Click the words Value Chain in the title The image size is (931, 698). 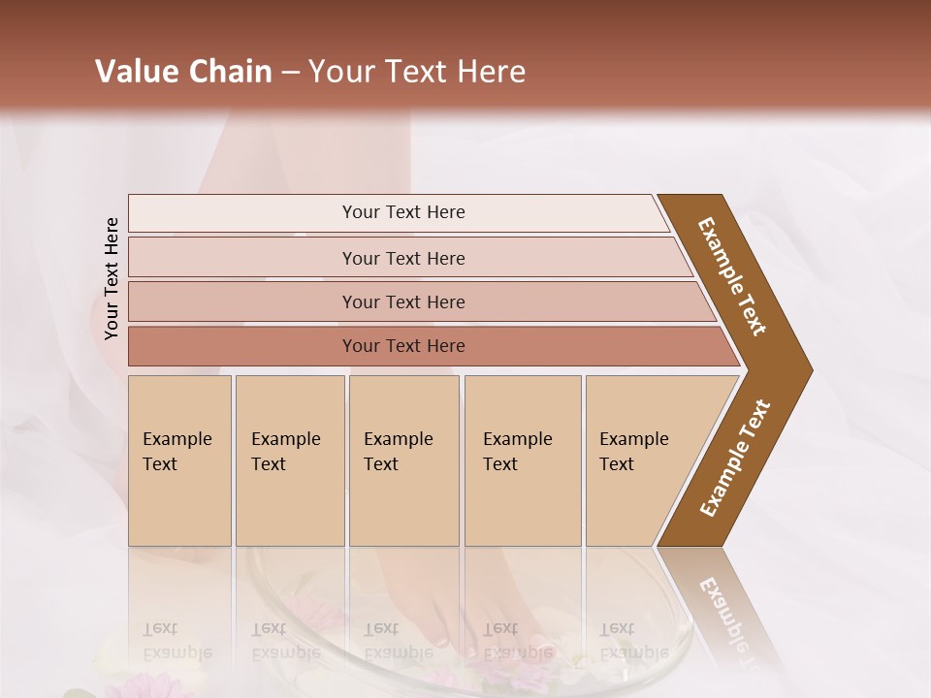click(x=183, y=72)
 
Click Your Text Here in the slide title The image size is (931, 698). click(x=417, y=72)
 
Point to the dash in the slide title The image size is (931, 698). click(x=290, y=73)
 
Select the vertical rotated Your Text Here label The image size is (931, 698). click(x=112, y=278)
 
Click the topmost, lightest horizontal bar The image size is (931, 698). click(x=403, y=212)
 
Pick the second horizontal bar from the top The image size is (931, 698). click(x=403, y=258)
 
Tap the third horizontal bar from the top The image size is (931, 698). click(x=403, y=301)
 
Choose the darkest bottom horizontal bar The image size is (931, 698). click(x=403, y=346)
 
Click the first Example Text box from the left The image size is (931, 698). click(x=179, y=460)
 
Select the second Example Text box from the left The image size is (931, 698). click(x=289, y=460)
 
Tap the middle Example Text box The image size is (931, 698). click(x=403, y=460)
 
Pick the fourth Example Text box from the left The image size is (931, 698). click(x=522, y=460)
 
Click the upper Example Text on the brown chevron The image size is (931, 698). click(x=732, y=276)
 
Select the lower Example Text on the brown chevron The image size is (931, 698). click(x=735, y=458)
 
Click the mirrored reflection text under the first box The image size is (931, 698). click(x=177, y=640)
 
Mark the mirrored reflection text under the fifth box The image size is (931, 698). click(x=633, y=640)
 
